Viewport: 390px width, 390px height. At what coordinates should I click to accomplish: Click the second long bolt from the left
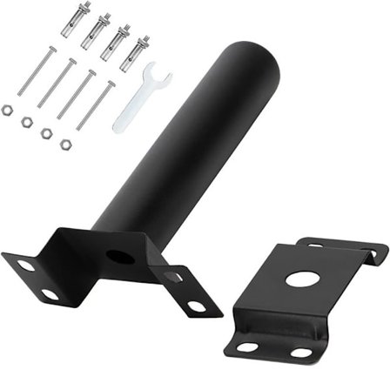click(57, 82)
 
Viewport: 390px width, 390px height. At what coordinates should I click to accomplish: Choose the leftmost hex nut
click(7, 110)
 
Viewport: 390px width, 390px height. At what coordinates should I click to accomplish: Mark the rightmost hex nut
click(65, 144)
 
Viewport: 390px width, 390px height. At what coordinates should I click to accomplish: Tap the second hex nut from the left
click(26, 121)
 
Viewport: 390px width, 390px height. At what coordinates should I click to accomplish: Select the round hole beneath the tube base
click(121, 258)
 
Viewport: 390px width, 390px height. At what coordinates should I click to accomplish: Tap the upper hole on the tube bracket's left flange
click(26, 265)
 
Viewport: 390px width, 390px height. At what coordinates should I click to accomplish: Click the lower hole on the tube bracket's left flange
click(50, 294)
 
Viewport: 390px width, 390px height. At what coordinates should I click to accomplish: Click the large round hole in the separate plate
click(301, 280)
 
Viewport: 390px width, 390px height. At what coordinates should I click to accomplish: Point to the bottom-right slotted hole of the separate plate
click(301, 353)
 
